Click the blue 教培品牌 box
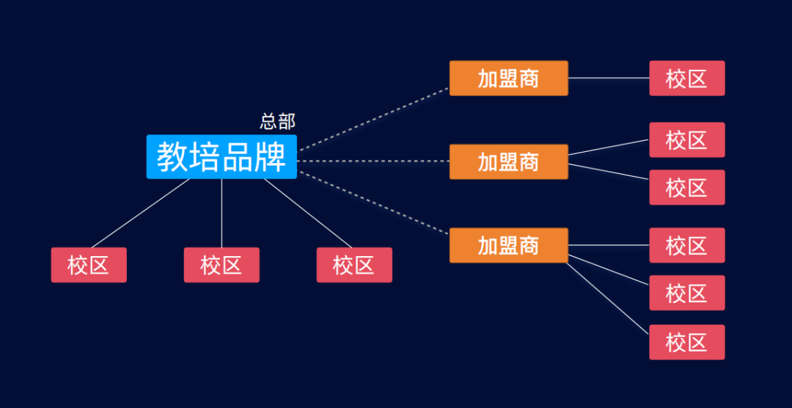click(221, 157)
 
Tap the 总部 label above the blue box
click(278, 122)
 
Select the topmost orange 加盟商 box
click(508, 79)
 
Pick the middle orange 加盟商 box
click(508, 161)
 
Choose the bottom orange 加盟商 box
click(508, 245)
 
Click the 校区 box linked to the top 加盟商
click(686, 79)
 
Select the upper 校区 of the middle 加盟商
click(686, 140)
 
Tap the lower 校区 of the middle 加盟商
click(686, 188)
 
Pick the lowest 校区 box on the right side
click(686, 342)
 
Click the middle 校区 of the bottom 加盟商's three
click(686, 294)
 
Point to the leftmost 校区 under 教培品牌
click(89, 265)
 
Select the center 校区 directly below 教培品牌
click(221, 265)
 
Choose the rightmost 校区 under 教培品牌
click(354, 265)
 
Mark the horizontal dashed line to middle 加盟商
click(374, 161)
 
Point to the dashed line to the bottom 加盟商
click(374, 203)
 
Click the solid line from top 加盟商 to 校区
click(609, 78)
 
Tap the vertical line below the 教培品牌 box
click(221, 213)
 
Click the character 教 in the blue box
click(173, 157)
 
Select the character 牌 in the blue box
click(271, 157)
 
